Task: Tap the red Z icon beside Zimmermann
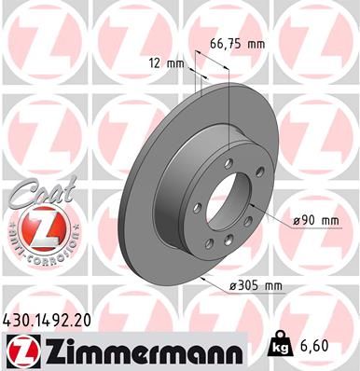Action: (x=20, y=349)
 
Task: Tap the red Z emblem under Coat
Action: (x=34, y=223)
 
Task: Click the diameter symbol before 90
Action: (x=295, y=219)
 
